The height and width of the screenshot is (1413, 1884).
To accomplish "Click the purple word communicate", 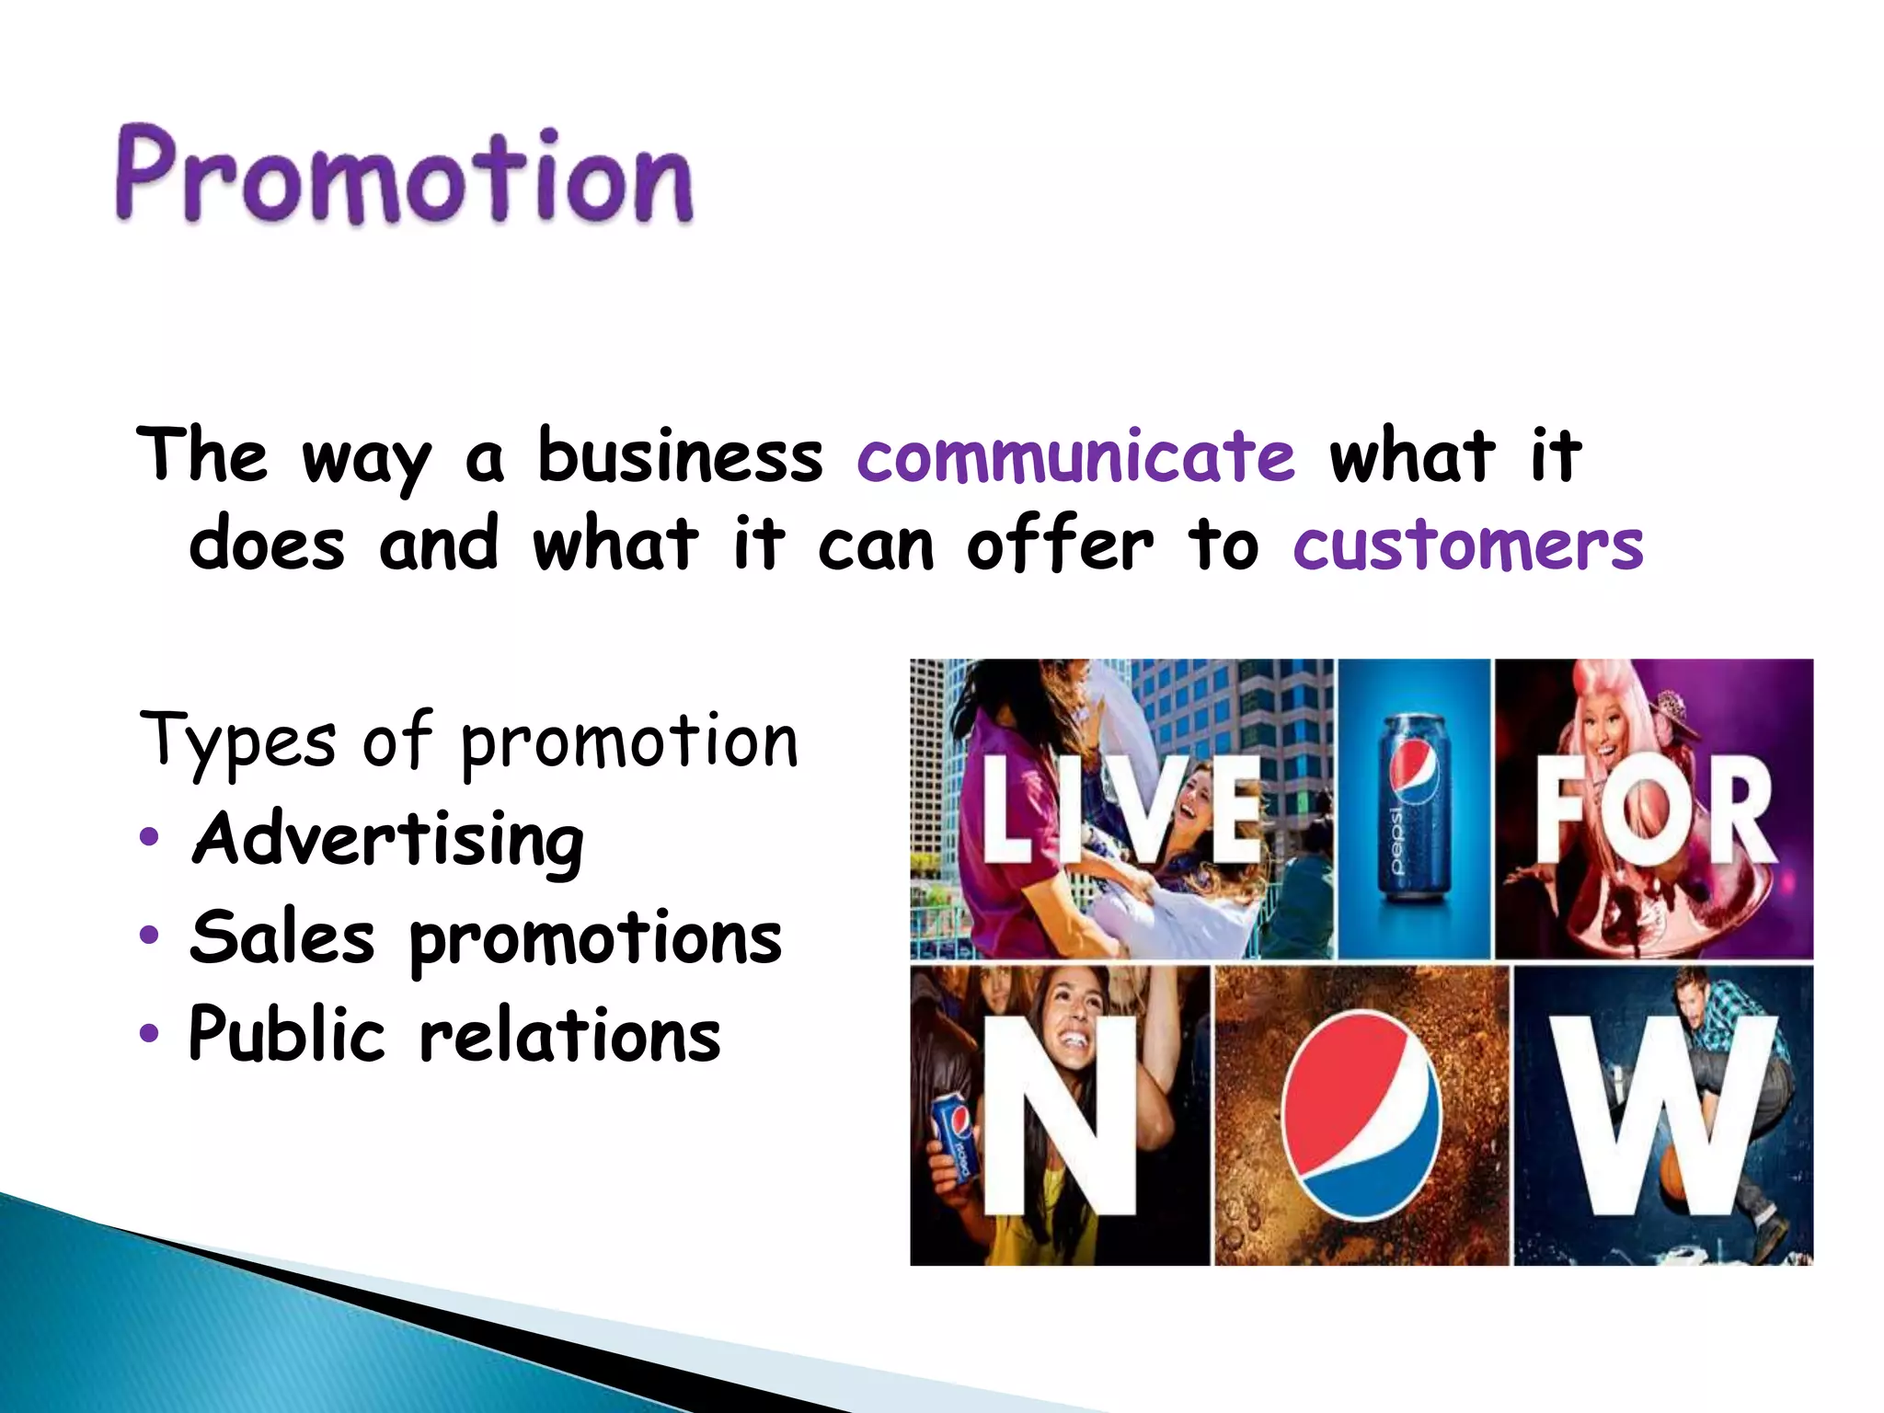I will pyautogui.click(x=1075, y=457).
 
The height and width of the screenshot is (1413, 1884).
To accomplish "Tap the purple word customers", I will pyautogui.click(x=1467, y=545).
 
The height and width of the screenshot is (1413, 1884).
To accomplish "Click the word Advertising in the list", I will pyautogui.click(x=387, y=840).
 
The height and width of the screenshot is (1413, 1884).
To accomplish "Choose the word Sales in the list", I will pyautogui.click(x=282, y=937).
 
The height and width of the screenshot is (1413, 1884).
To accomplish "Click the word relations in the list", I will pyautogui.click(x=569, y=1034).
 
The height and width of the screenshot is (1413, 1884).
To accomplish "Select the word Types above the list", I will pyautogui.click(x=238, y=741).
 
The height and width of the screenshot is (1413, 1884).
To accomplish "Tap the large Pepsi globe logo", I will pyautogui.click(x=1361, y=1113).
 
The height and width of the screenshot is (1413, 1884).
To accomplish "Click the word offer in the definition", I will pyautogui.click(x=1059, y=545).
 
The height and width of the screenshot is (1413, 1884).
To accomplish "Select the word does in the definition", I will pyautogui.click(x=267, y=545).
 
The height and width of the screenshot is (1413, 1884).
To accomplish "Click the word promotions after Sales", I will pyautogui.click(x=595, y=939).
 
